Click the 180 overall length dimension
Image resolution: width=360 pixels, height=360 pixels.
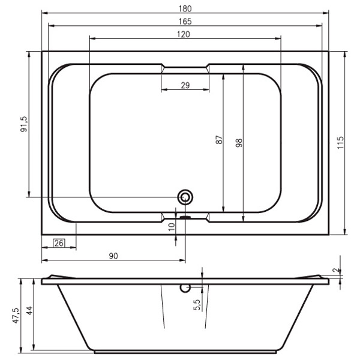pyautogui.click(x=185, y=8)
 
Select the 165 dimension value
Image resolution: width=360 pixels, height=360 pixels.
pyautogui.click(x=185, y=22)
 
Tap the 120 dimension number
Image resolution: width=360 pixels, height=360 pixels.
pyautogui.click(x=184, y=34)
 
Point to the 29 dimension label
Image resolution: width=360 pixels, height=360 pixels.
pyautogui.click(x=185, y=85)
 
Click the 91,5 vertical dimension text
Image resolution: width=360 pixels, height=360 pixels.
pyautogui.click(x=23, y=124)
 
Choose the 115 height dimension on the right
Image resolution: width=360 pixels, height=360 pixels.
pyautogui.click(x=340, y=143)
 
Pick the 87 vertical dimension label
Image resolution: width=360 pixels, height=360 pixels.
pyautogui.click(x=219, y=140)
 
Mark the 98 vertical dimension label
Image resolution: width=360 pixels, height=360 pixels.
pyautogui.click(x=239, y=143)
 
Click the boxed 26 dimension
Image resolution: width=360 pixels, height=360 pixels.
pyautogui.click(x=59, y=243)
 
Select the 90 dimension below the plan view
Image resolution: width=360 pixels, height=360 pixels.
pyautogui.click(x=113, y=256)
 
